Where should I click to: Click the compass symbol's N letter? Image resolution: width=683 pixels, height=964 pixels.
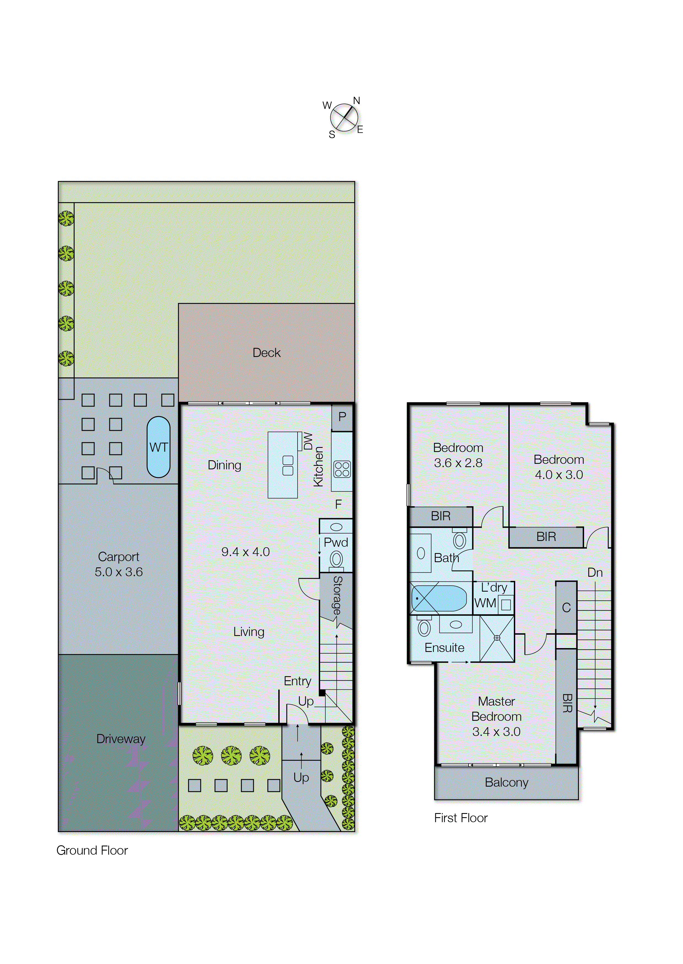[x=356, y=101]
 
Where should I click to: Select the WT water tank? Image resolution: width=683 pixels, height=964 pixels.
[x=158, y=447]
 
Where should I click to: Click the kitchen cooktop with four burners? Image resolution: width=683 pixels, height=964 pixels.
[x=342, y=469]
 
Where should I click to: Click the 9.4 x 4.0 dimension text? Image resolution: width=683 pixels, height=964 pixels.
[x=245, y=552]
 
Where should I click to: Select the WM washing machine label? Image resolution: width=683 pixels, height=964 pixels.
[x=485, y=603]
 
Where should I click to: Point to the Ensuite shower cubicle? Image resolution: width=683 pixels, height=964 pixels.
[x=497, y=638]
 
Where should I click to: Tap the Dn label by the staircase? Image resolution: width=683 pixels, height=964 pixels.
[x=595, y=573]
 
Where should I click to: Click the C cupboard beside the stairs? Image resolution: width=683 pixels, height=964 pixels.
[x=566, y=608]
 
